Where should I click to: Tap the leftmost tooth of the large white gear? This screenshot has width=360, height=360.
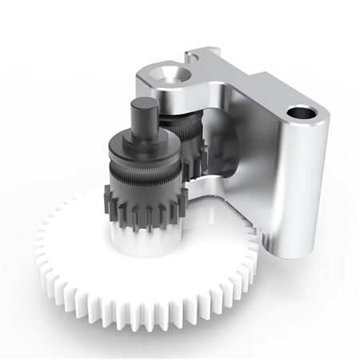pyautogui.click(x=40, y=256)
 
